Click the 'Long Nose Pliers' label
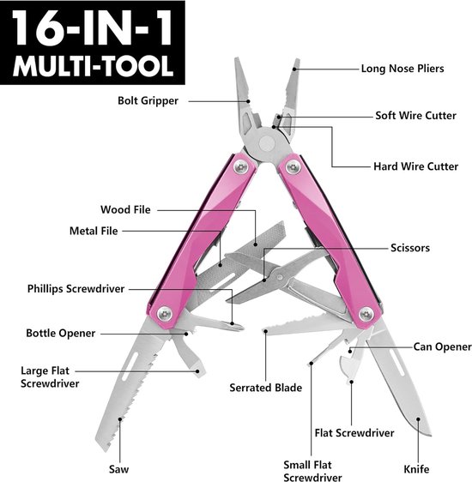click(x=402, y=69)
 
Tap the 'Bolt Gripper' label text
click(x=148, y=101)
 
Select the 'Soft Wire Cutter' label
click(x=415, y=116)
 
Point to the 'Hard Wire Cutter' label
click(x=415, y=166)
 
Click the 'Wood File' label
click(x=125, y=209)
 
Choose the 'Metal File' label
click(x=94, y=231)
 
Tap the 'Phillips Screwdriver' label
click(x=76, y=289)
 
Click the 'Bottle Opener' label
click(x=61, y=334)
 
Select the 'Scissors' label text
click(x=410, y=248)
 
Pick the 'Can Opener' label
click(x=442, y=346)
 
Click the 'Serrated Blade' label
click(x=266, y=388)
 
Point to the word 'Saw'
click(x=118, y=469)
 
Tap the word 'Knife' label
click(x=416, y=469)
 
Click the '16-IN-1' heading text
click(x=92, y=28)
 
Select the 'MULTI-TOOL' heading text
click(x=93, y=66)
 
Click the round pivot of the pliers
click(x=267, y=143)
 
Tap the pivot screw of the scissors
click(x=280, y=278)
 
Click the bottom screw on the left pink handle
click(x=165, y=314)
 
